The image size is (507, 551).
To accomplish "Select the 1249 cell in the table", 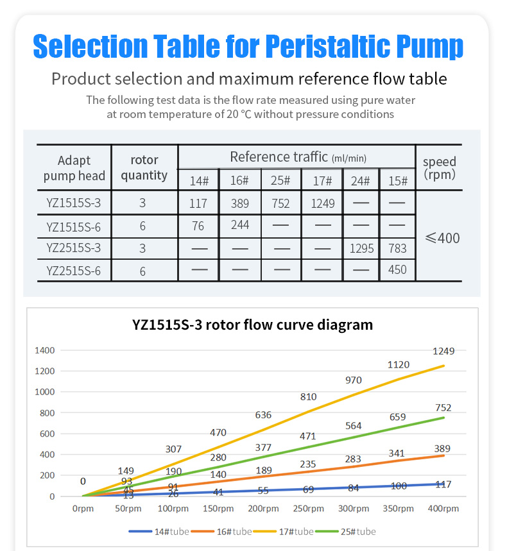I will tap(323, 204).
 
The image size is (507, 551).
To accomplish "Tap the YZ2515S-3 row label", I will tap(74, 248).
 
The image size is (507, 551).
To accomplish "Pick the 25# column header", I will tap(280, 181).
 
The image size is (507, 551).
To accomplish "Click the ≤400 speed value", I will tap(442, 238).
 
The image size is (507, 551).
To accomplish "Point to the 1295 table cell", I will tap(361, 248).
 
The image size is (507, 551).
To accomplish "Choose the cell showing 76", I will tap(198, 225).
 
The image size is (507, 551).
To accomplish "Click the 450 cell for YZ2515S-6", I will tap(397, 269).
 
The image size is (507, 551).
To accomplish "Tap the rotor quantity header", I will tap(144, 167).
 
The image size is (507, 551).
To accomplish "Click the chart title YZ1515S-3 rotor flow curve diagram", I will tap(252, 325).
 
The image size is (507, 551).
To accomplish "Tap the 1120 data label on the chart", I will tap(398, 364).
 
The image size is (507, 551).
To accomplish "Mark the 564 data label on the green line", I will tap(353, 426).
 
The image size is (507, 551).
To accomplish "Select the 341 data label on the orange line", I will tap(398, 453).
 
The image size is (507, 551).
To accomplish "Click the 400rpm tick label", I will tap(443, 509).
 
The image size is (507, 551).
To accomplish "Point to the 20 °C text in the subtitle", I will tap(234, 114).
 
